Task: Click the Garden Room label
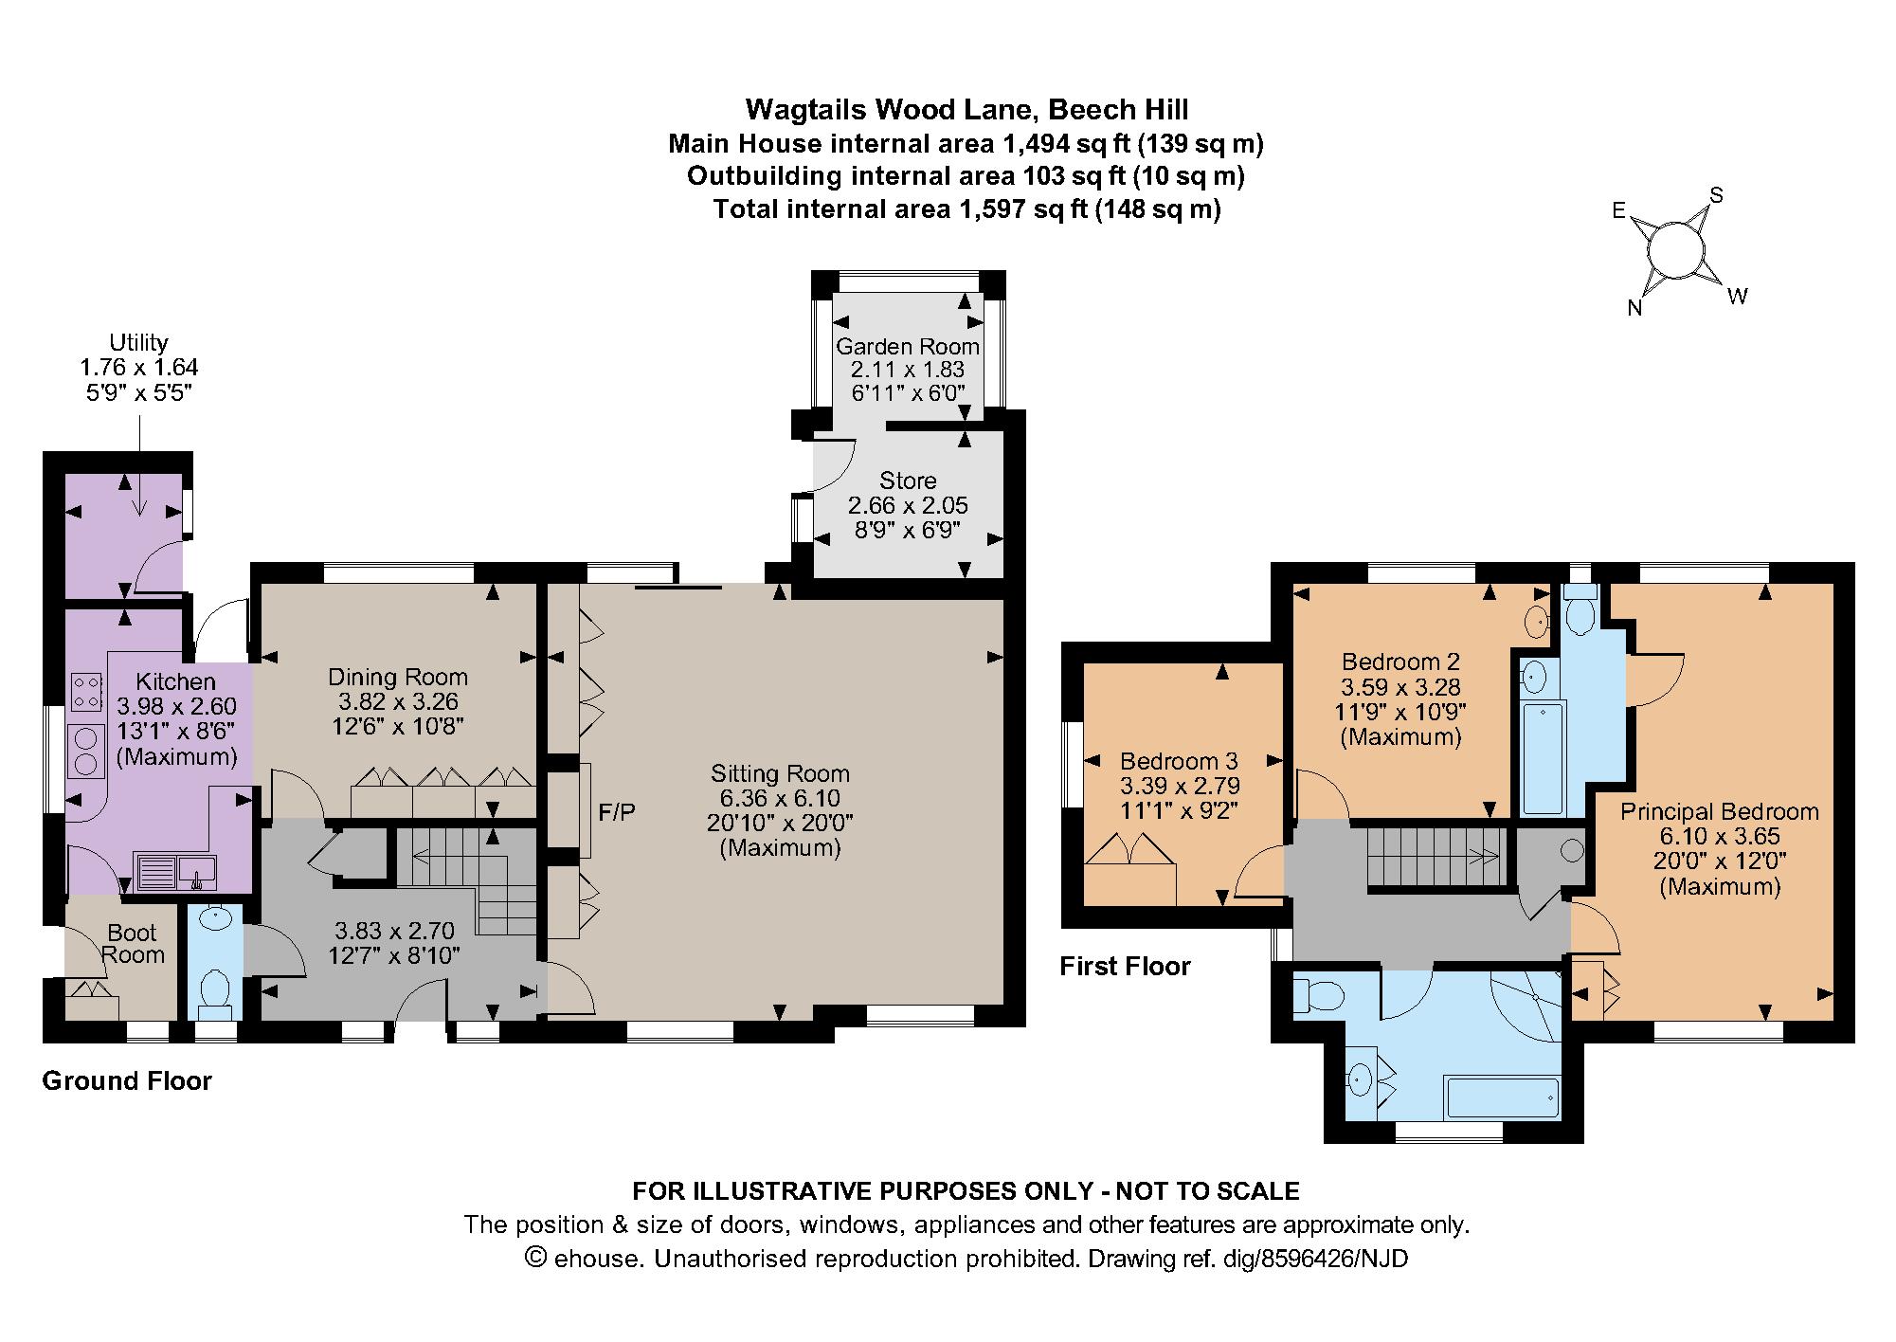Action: point(907,347)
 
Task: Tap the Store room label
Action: point(908,481)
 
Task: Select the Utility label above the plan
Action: point(138,342)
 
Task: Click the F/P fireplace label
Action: point(617,811)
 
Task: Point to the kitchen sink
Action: point(176,871)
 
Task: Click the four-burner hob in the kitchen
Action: point(85,691)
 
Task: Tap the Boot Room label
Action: point(133,944)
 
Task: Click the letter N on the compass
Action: point(1634,309)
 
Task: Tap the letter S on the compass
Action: point(1716,196)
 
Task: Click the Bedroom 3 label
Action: point(1179,761)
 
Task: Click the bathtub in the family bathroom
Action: point(1501,1097)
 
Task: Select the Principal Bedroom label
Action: point(1719,812)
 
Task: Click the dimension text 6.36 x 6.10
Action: point(780,799)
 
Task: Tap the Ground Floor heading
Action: point(127,1081)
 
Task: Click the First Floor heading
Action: point(1125,967)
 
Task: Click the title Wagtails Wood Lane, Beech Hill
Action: point(966,110)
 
